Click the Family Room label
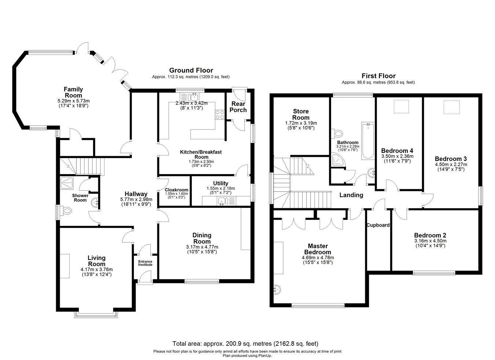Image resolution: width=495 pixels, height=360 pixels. click(73, 92)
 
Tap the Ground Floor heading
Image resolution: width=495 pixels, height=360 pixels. click(191, 70)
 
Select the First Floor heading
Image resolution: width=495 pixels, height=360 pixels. click(378, 76)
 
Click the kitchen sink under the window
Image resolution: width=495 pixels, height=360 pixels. click(192, 97)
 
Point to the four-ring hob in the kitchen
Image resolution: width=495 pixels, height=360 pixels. click(220, 115)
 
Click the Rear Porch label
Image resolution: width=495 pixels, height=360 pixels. click(238, 107)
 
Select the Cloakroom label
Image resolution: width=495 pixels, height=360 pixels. click(176, 190)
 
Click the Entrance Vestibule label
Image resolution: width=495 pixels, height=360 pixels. click(145, 263)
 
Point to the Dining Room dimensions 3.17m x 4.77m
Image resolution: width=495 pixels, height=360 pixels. click(202, 247)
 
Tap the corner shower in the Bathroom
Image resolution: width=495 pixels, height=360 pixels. click(336, 160)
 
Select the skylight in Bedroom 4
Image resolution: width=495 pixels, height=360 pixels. click(401, 106)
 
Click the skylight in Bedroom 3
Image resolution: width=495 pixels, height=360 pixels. click(451, 107)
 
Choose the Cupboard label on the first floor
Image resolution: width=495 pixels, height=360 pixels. click(378, 225)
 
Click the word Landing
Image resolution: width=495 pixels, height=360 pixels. click(351, 195)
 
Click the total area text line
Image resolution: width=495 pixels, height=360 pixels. click(245, 344)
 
